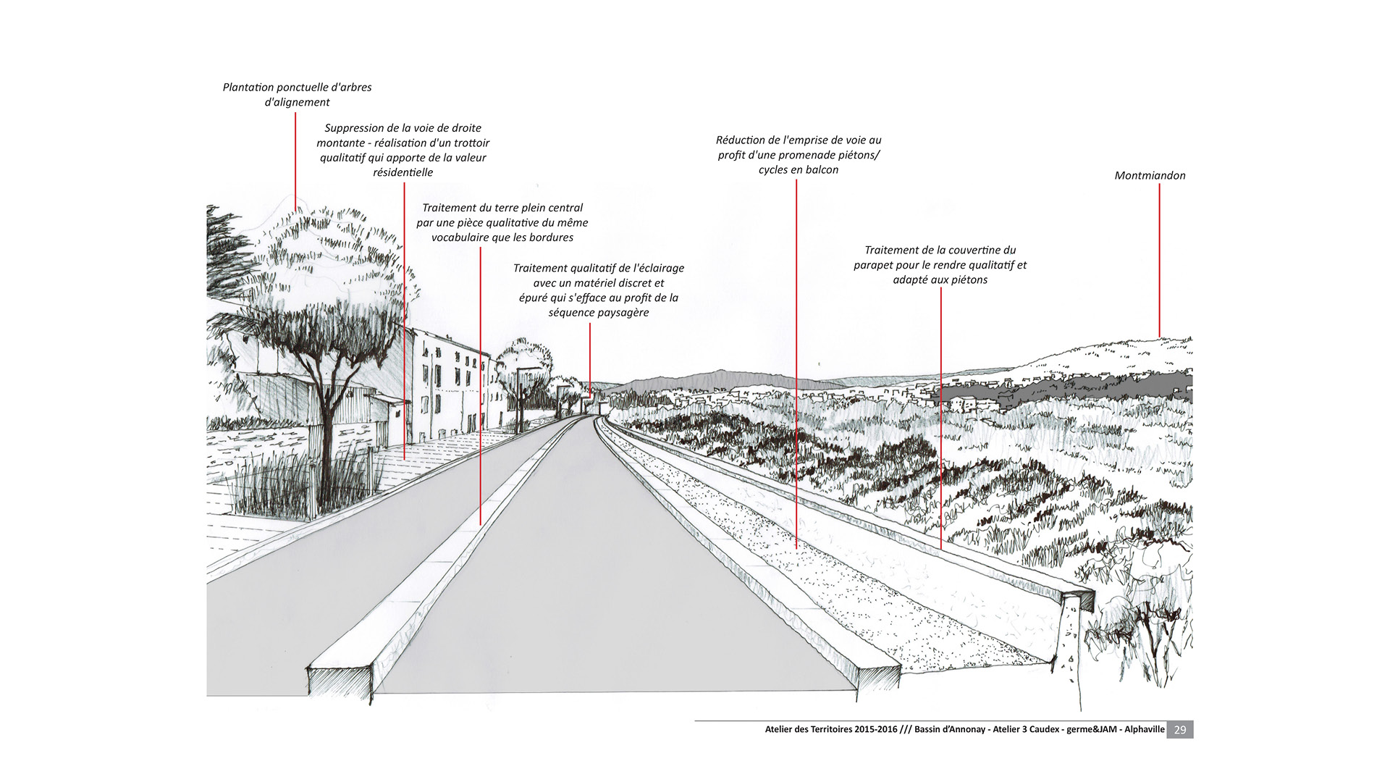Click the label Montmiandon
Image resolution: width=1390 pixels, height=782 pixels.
(x=1150, y=175)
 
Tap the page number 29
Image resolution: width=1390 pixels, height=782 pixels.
(x=1180, y=730)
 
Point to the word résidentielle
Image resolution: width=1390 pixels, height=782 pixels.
(x=403, y=172)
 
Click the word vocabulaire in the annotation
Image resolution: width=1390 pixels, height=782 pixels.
(x=460, y=237)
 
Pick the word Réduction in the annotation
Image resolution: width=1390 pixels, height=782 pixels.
(x=740, y=140)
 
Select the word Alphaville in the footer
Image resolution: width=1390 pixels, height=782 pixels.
(x=1145, y=730)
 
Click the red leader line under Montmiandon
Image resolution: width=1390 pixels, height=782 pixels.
(x=1159, y=261)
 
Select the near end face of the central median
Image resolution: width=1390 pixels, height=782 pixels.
(x=340, y=684)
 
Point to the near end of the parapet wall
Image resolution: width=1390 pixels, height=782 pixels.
(x=1076, y=637)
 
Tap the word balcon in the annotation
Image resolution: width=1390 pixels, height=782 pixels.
(x=823, y=170)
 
